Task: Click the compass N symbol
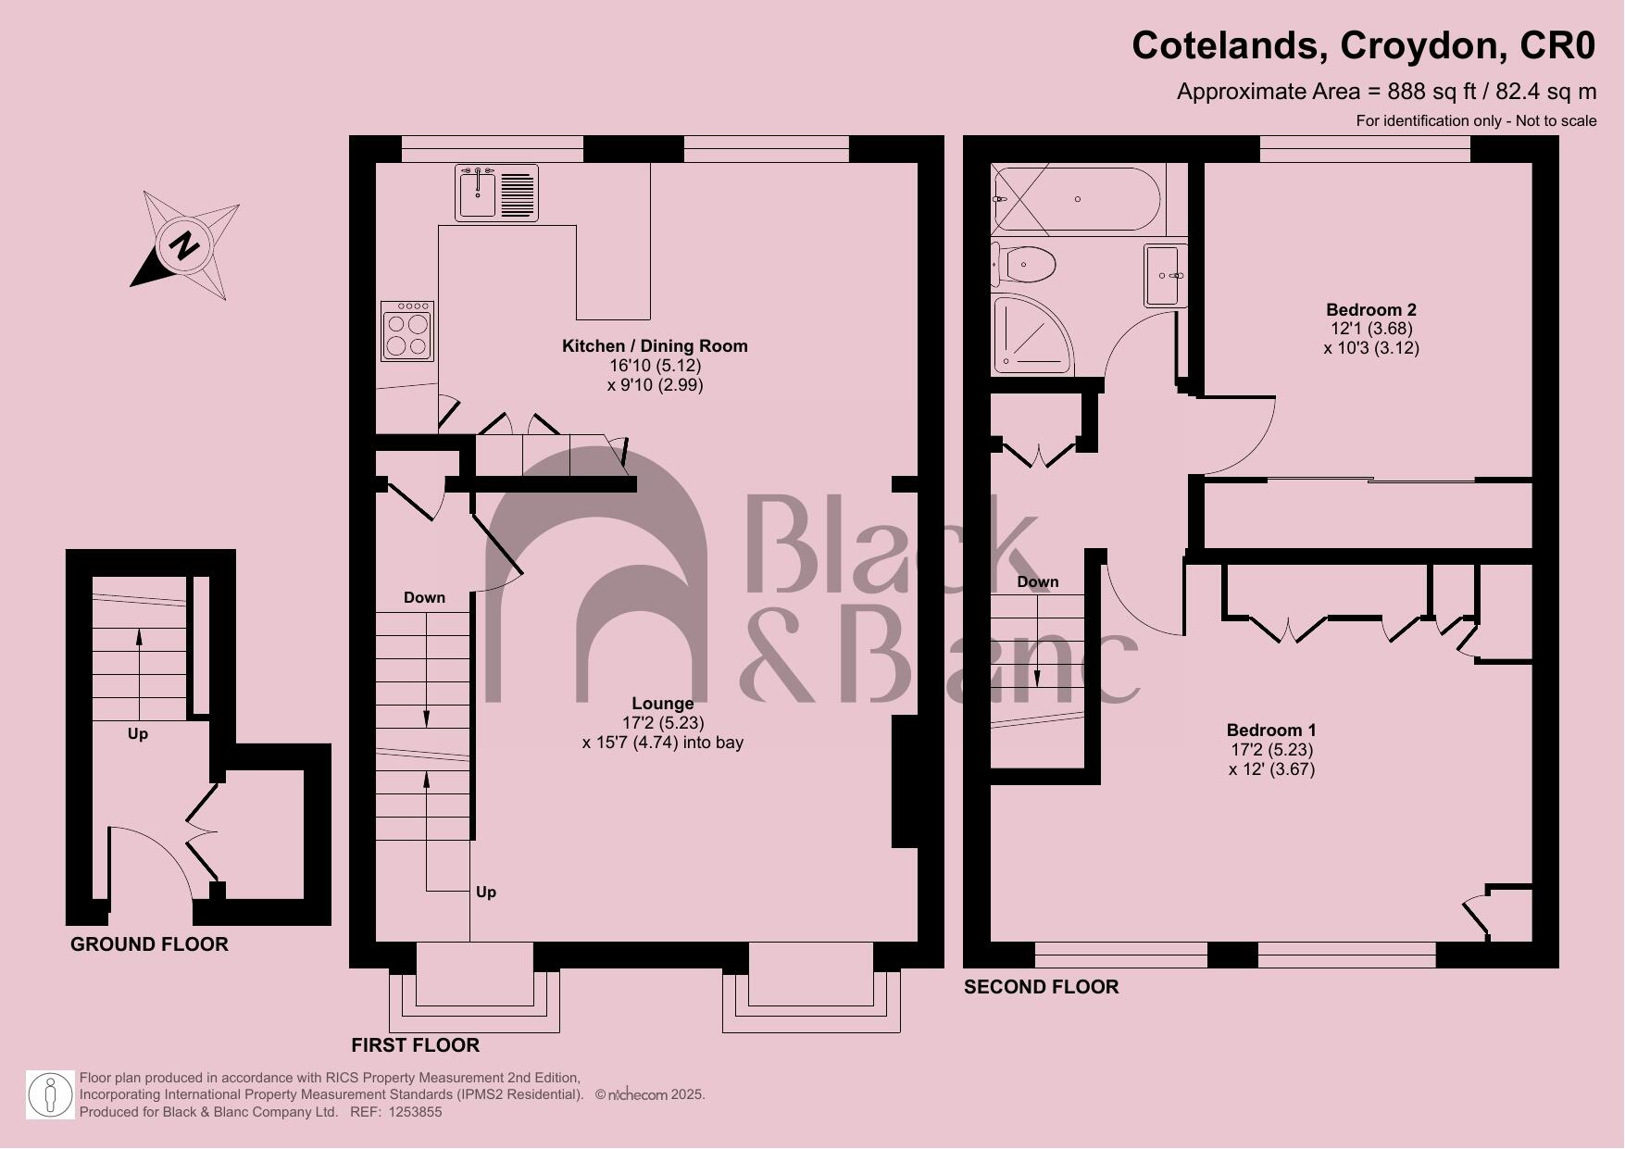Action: click(x=185, y=247)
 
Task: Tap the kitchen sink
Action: click(x=496, y=193)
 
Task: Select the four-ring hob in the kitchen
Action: click(x=407, y=331)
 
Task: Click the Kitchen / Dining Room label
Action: click(x=655, y=346)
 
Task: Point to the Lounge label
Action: click(x=662, y=704)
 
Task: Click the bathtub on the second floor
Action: click(x=1076, y=199)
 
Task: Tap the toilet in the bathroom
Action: click(x=1026, y=266)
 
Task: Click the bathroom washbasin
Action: click(x=1165, y=275)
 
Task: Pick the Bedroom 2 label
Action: click(x=1371, y=310)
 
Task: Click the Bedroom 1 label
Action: click(x=1271, y=731)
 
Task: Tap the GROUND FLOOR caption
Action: click(x=149, y=944)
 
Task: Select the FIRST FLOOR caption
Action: click(x=415, y=1045)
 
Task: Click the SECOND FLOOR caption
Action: click(x=1041, y=987)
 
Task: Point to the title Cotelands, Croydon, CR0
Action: click(x=1363, y=45)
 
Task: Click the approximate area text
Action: click(x=1386, y=92)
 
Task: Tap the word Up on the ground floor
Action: click(x=137, y=734)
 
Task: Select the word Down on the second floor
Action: click(x=1037, y=582)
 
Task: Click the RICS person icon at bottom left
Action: click(x=50, y=1095)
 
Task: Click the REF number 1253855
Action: click(x=415, y=1112)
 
